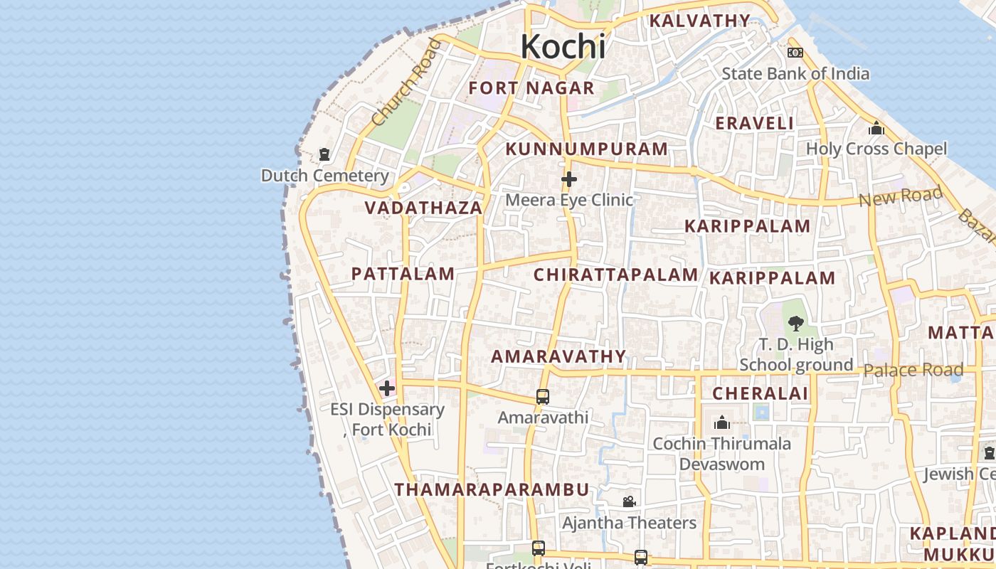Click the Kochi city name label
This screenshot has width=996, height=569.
(563, 47)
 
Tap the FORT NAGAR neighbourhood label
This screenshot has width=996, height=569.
(531, 88)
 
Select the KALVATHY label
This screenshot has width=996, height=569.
(699, 21)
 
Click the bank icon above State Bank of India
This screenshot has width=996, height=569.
(795, 53)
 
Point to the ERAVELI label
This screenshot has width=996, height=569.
(754, 123)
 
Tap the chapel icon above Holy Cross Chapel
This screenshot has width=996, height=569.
(876, 129)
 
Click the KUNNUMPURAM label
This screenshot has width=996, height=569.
(586, 149)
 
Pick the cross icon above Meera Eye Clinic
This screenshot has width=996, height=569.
(569, 179)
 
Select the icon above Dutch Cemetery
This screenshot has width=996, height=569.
(324, 154)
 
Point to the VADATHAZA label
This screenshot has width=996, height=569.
(423, 208)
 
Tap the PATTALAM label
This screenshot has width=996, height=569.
(403, 274)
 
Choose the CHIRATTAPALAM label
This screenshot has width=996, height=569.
(615, 275)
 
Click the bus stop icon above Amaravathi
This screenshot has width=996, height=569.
(543, 397)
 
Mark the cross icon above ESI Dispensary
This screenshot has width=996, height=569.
(387, 388)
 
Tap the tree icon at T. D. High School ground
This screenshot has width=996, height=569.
(795, 324)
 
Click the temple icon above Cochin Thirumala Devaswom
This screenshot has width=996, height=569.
(722, 423)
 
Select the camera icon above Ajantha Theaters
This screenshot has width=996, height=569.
(629, 502)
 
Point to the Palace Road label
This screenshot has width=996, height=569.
(913, 370)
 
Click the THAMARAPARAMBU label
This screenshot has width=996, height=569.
(492, 490)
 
